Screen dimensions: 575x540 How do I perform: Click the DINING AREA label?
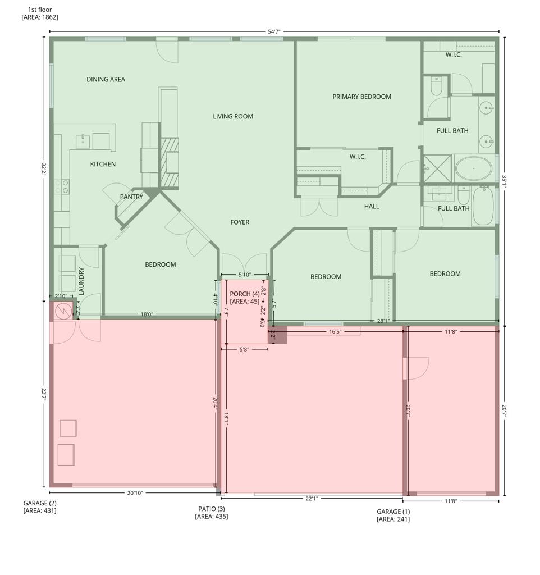106,80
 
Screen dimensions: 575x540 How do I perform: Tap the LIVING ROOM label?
233,117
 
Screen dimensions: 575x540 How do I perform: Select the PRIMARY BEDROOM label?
361,97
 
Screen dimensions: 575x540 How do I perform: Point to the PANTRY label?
131,197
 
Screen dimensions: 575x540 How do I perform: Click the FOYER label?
240,222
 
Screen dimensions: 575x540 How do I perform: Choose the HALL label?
372,207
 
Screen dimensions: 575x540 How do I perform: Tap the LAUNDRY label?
81,281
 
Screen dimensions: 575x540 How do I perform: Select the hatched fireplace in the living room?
170,163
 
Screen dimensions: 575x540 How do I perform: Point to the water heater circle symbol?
63,311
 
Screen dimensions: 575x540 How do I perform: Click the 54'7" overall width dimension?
274,32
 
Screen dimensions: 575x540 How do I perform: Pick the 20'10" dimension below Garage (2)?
135,493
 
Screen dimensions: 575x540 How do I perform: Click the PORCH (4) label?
245,294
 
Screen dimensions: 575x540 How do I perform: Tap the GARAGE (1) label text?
393,512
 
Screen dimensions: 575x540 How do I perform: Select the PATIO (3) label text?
211,509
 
